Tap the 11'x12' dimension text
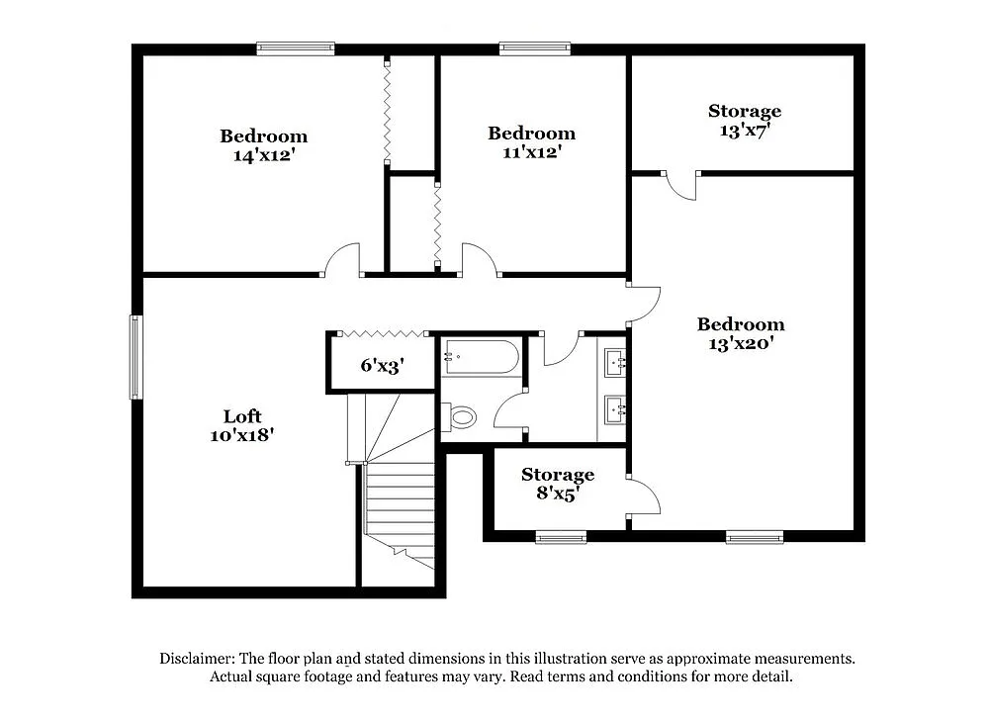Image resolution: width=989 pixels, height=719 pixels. click(x=531, y=152)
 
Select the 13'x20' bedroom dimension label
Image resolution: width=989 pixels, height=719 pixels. click(x=740, y=343)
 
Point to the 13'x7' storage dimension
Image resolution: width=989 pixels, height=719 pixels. click(x=745, y=130)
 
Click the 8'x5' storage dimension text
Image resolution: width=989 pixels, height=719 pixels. click(x=558, y=493)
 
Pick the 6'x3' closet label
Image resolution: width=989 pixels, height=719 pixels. click(x=381, y=366)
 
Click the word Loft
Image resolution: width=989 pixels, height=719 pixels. click(x=242, y=416)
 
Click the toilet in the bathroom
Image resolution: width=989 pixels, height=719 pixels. click(x=460, y=417)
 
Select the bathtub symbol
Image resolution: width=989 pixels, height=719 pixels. click(x=481, y=357)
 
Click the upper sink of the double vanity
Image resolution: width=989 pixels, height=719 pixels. click(x=615, y=362)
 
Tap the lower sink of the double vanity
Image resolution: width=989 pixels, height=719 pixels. click(x=615, y=406)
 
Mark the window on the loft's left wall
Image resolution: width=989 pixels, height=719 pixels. click(x=135, y=356)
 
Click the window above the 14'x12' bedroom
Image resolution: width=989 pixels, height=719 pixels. click(x=296, y=48)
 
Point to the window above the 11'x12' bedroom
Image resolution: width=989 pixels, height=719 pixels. click(x=534, y=48)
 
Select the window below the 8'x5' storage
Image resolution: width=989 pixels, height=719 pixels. click(x=561, y=537)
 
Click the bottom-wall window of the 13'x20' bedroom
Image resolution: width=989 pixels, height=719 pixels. click(x=754, y=537)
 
